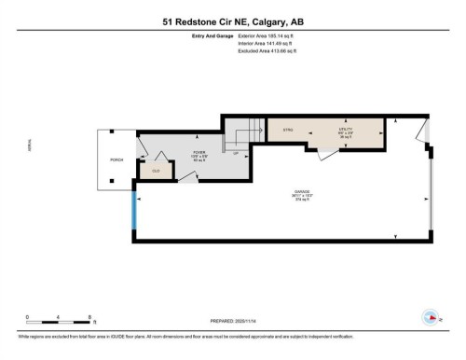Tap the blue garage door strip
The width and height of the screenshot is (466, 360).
click(134, 215)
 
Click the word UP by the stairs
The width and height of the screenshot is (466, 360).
click(237, 152)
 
